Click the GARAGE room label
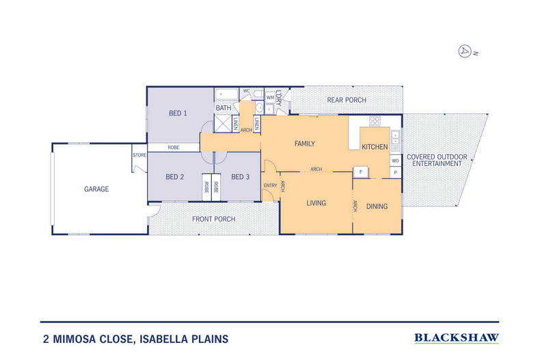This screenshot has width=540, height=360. [x=96, y=189]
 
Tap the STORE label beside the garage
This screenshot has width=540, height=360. [x=139, y=155]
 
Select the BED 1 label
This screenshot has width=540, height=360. [x=178, y=113]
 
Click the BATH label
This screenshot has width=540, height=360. [x=224, y=108]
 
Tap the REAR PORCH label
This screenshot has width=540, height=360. [x=346, y=100]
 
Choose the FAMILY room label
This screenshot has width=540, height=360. [x=304, y=144]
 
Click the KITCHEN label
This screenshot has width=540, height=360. [x=375, y=147]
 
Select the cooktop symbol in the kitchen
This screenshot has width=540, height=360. [x=375, y=122]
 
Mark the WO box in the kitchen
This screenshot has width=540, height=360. [x=395, y=161]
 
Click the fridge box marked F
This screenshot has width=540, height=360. [x=360, y=171]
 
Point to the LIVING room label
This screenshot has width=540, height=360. [x=316, y=203]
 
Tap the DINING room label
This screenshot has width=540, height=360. [x=377, y=206]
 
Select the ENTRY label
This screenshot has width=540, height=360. [x=270, y=185]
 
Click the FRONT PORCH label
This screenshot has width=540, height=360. [x=214, y=219]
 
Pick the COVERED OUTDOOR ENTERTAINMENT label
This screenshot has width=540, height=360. [x=437, y=161]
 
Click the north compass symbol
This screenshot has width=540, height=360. [x=465, y=51]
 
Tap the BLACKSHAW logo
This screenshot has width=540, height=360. [x=457, y=337]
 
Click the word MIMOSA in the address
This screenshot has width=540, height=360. [x=78, y=338]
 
